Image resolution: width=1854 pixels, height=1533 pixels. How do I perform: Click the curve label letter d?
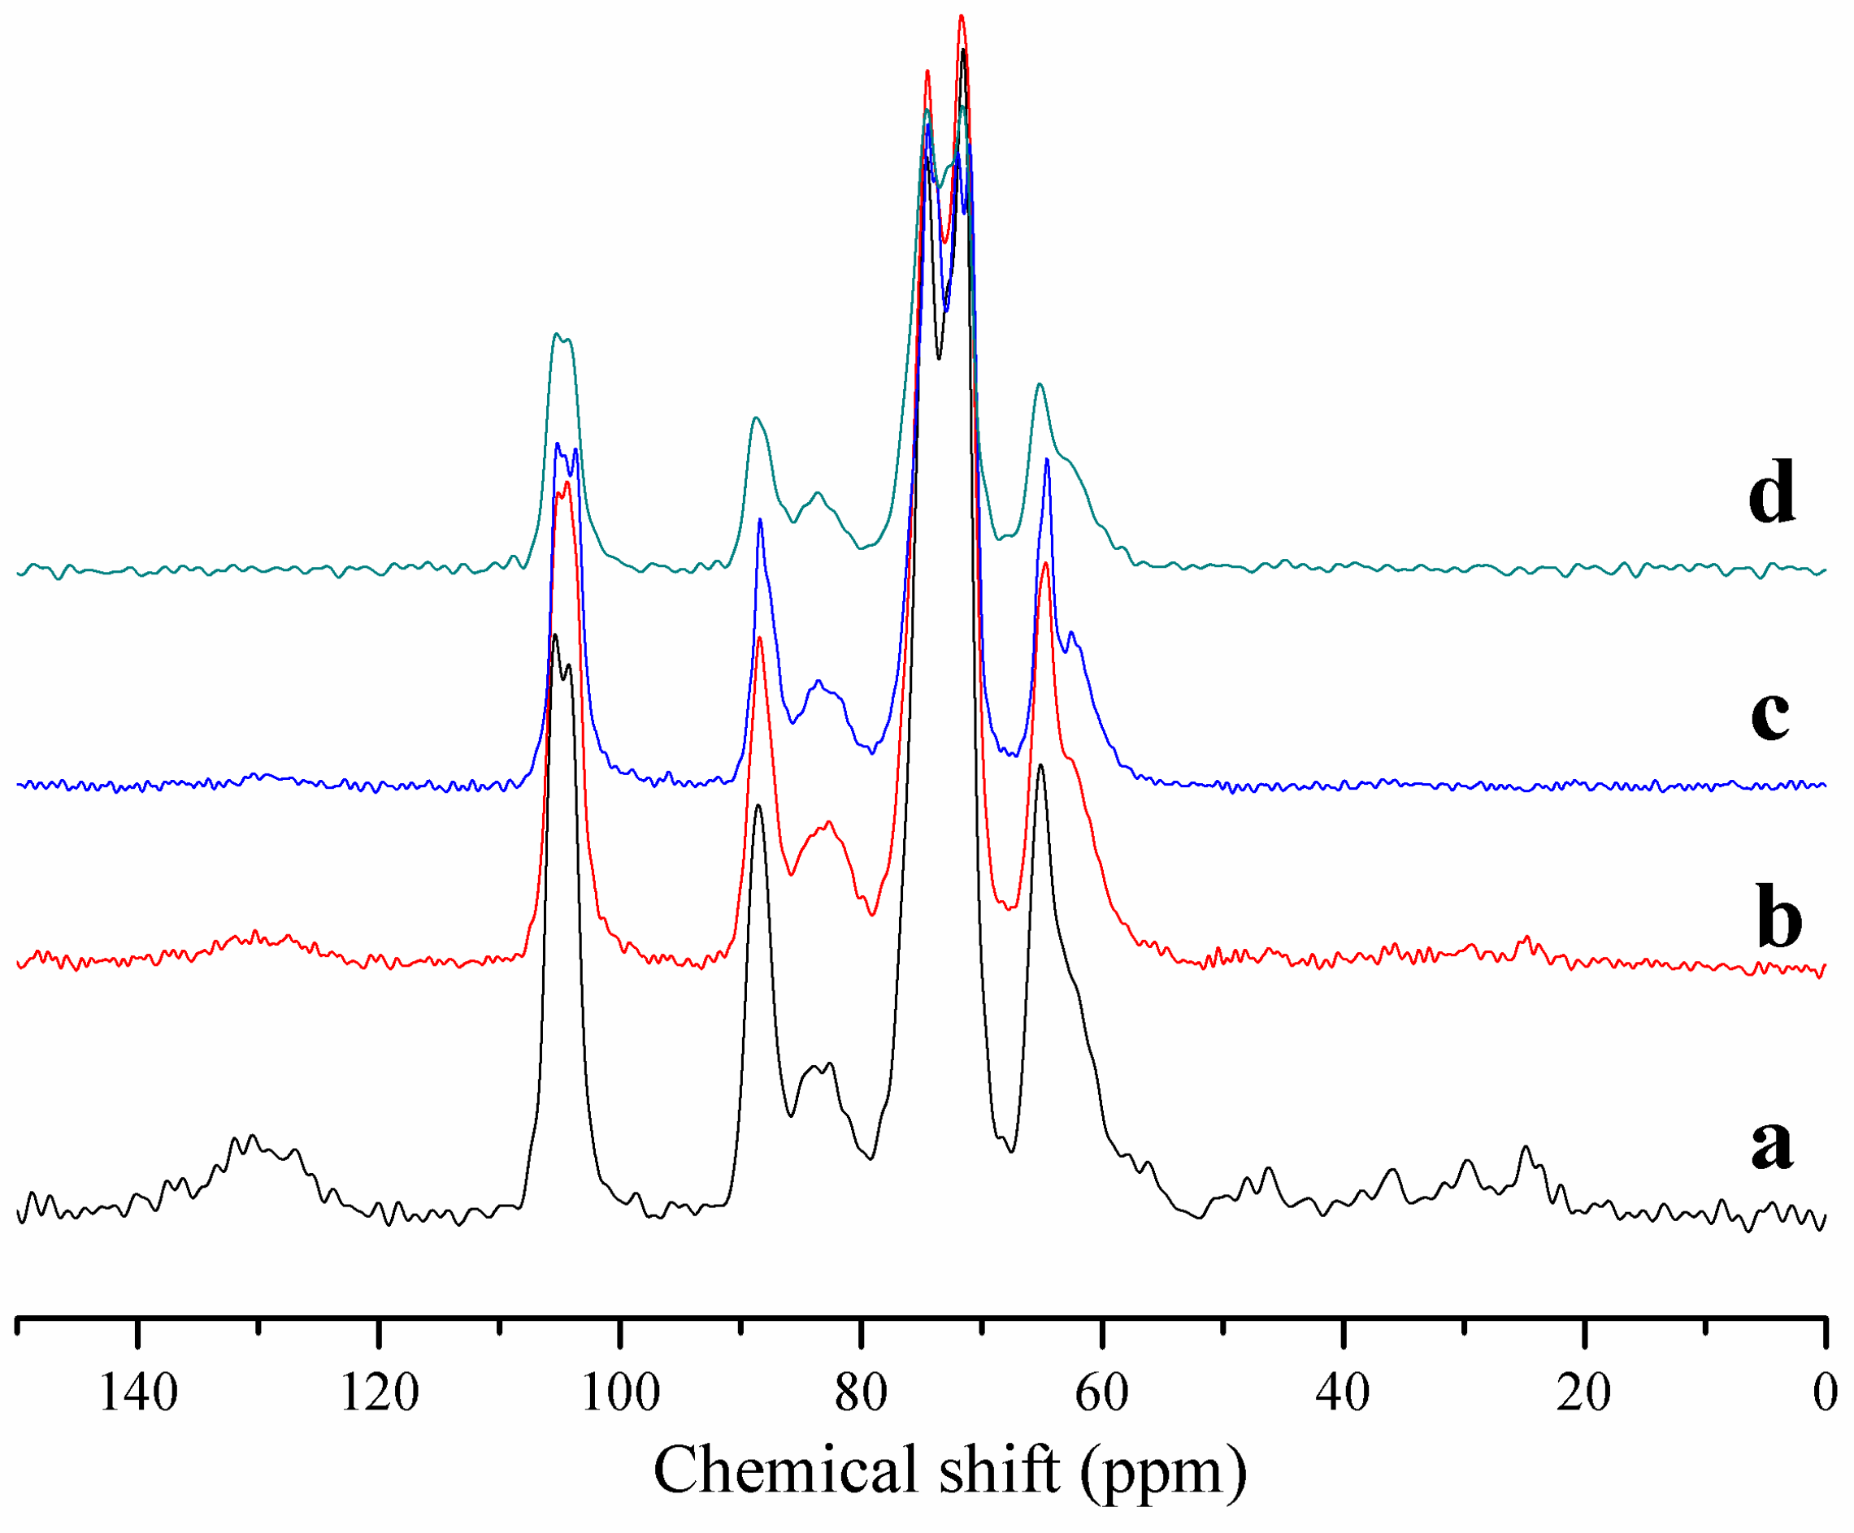[x=1771, y=492]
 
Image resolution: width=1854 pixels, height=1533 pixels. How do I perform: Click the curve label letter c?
[x=1770, y=713]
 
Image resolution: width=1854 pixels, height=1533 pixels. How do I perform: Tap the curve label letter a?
[x=1772, y=1145]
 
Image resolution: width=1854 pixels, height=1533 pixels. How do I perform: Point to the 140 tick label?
[x=139, y=1393]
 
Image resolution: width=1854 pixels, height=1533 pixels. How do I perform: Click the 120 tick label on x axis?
[x=380, y=1393]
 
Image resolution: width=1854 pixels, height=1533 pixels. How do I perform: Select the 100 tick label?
[x=621, y=1393]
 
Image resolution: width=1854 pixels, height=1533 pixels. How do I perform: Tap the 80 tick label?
[x=862, y=1393]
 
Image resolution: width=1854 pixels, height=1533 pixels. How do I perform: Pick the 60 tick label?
[x=1102, y=1393]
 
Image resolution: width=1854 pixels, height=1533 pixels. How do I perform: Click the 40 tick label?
[x=1343, y=1393]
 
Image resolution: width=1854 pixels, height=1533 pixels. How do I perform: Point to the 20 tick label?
[x=1584, y=1393]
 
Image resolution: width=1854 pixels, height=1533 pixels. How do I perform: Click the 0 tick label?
[x=1824, y=1393]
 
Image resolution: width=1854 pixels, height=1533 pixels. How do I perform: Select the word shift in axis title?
[x=997, y=1470]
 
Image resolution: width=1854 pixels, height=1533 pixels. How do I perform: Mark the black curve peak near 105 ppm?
[x=554, y=634]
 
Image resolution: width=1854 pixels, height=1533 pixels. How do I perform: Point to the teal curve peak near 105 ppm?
[x=556, y=334]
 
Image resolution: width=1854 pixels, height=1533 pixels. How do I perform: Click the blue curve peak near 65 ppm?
[x=1046, y=459]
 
